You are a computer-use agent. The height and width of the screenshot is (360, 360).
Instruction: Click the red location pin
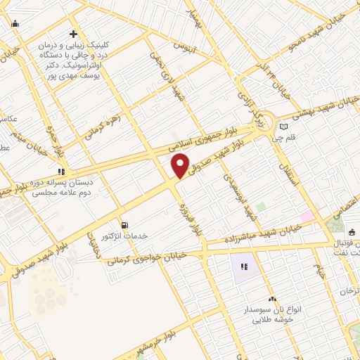coord(180,165)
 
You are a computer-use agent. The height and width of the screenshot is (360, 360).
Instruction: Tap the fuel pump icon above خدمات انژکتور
coord(125,225)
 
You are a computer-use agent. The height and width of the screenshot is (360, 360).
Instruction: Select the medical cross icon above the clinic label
coord(73,34)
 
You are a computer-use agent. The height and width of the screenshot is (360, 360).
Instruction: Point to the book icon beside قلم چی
coord(284,127)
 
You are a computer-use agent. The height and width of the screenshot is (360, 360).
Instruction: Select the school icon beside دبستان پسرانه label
coord(61,170)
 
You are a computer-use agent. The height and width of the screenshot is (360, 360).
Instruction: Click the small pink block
coord(307,215)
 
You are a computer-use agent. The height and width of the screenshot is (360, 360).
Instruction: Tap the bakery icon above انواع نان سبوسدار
coord(271,299)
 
